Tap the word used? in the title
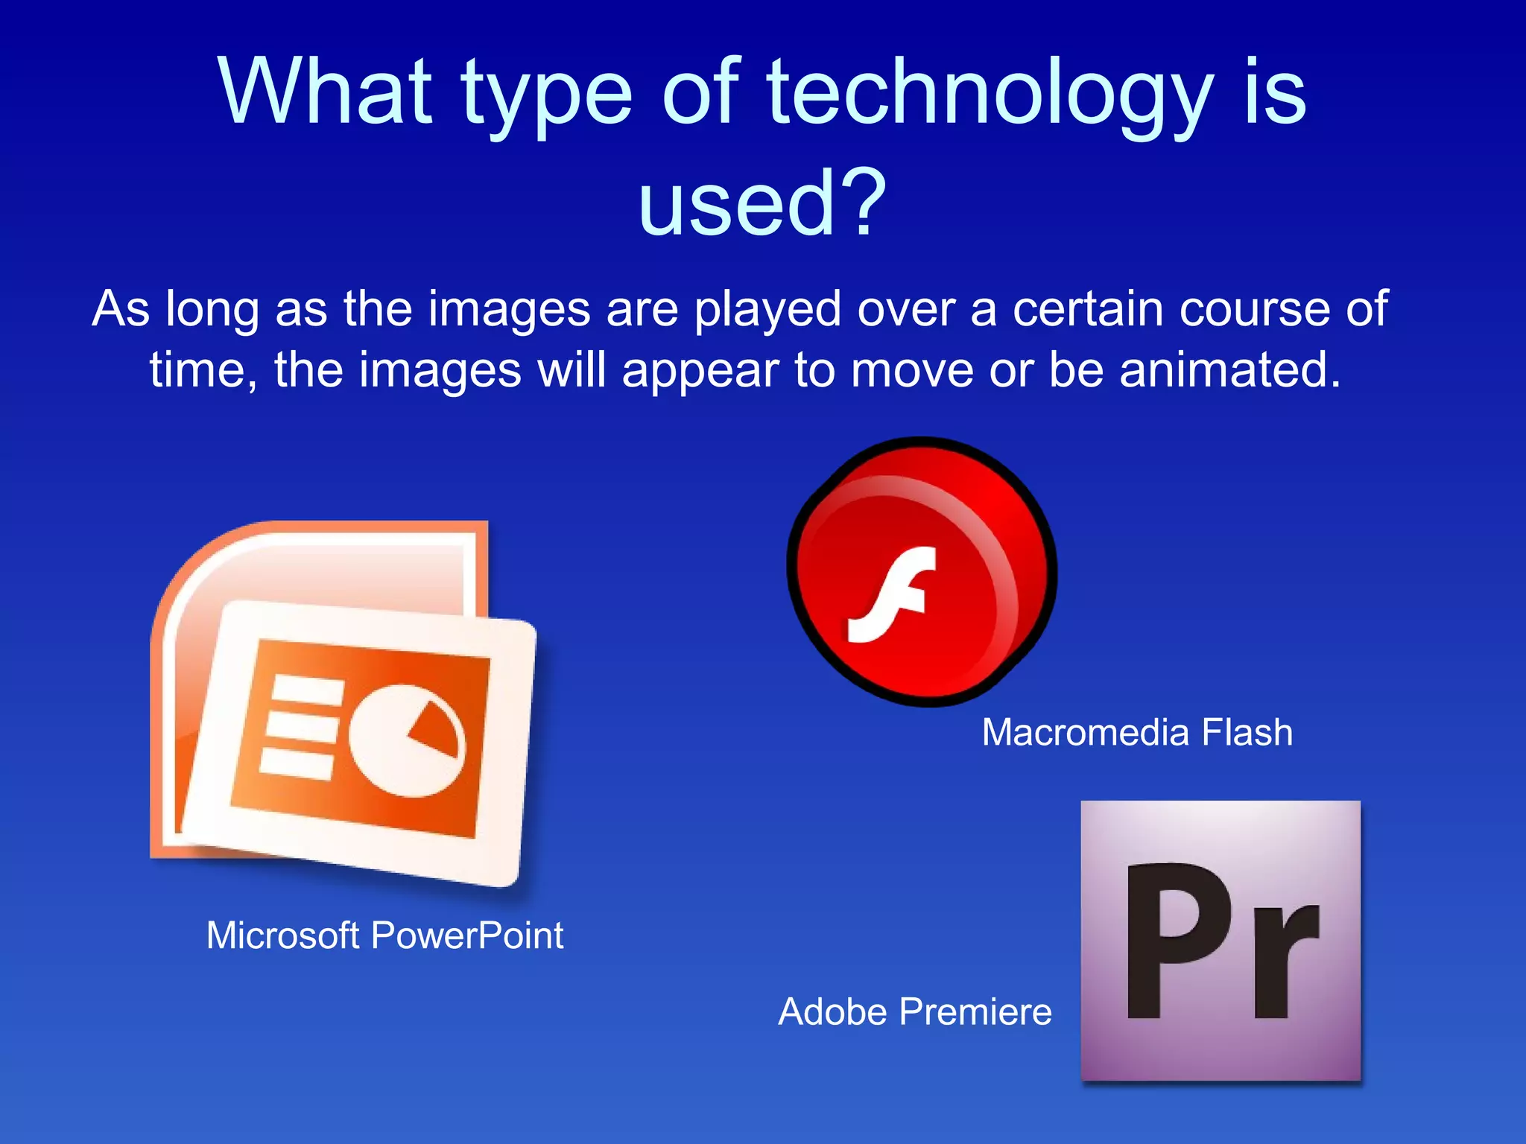(762, 203)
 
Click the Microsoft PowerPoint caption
(384, 935)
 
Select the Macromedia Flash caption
(1137, 732)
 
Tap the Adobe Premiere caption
(915, 1012)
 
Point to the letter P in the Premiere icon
(1177, 940)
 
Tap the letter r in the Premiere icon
(1285, 961)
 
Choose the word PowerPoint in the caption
(467, 935)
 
